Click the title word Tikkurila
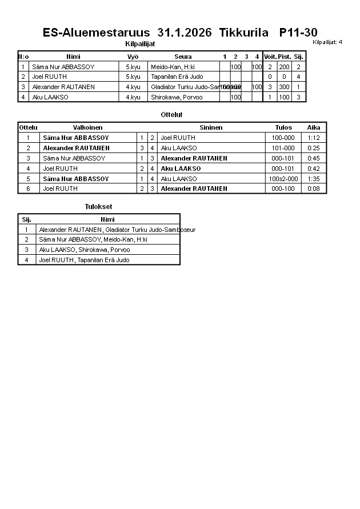[x=243, y=33]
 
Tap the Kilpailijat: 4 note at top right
[x=327, y=42]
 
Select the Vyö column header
[x=133, y=57]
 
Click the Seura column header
[x=183, y=57]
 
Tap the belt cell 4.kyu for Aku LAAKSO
[x=133, y=97]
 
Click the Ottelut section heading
[x=171, y=115]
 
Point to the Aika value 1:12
[x=314, y=138]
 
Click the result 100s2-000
[x=283, y=179]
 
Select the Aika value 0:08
[x=314, y=189]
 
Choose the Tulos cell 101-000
[x=283, y=148]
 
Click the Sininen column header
[x=211, y=127]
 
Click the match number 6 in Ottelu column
[x=28, y=189]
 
